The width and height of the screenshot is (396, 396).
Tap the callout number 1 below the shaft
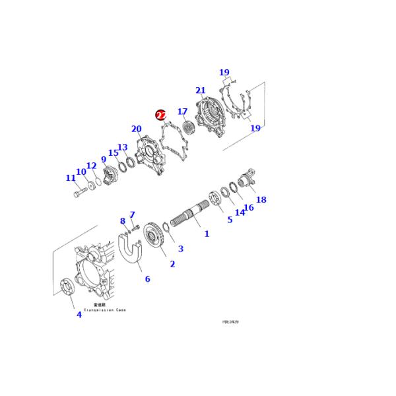click(x=206, y=234)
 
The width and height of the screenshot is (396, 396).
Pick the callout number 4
click(x=79, y=315)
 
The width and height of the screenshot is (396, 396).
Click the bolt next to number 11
click(x=78, y=195)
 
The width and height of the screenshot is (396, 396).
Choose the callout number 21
click(x=201, y=90)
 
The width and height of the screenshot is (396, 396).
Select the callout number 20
click(x=137, y=129)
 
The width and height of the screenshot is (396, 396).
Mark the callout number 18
click(x=261, y=199)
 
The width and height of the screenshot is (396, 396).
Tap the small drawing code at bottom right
click(x=230, y=322)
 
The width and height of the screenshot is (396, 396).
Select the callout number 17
click(x=183, y=112)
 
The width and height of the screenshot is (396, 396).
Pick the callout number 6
click(x=147, y=279)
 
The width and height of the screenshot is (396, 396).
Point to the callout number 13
click(x=122, y=147)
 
